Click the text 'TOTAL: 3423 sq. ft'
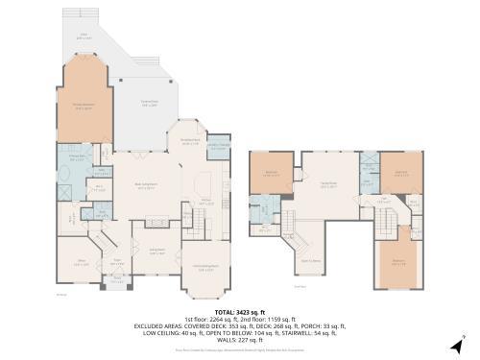coord(239,312)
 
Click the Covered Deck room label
coord(149,104)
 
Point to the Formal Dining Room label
coord(205,267)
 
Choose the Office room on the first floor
coord(82,261)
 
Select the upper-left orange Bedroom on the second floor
coord(270,174)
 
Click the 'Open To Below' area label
coord(310,260)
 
